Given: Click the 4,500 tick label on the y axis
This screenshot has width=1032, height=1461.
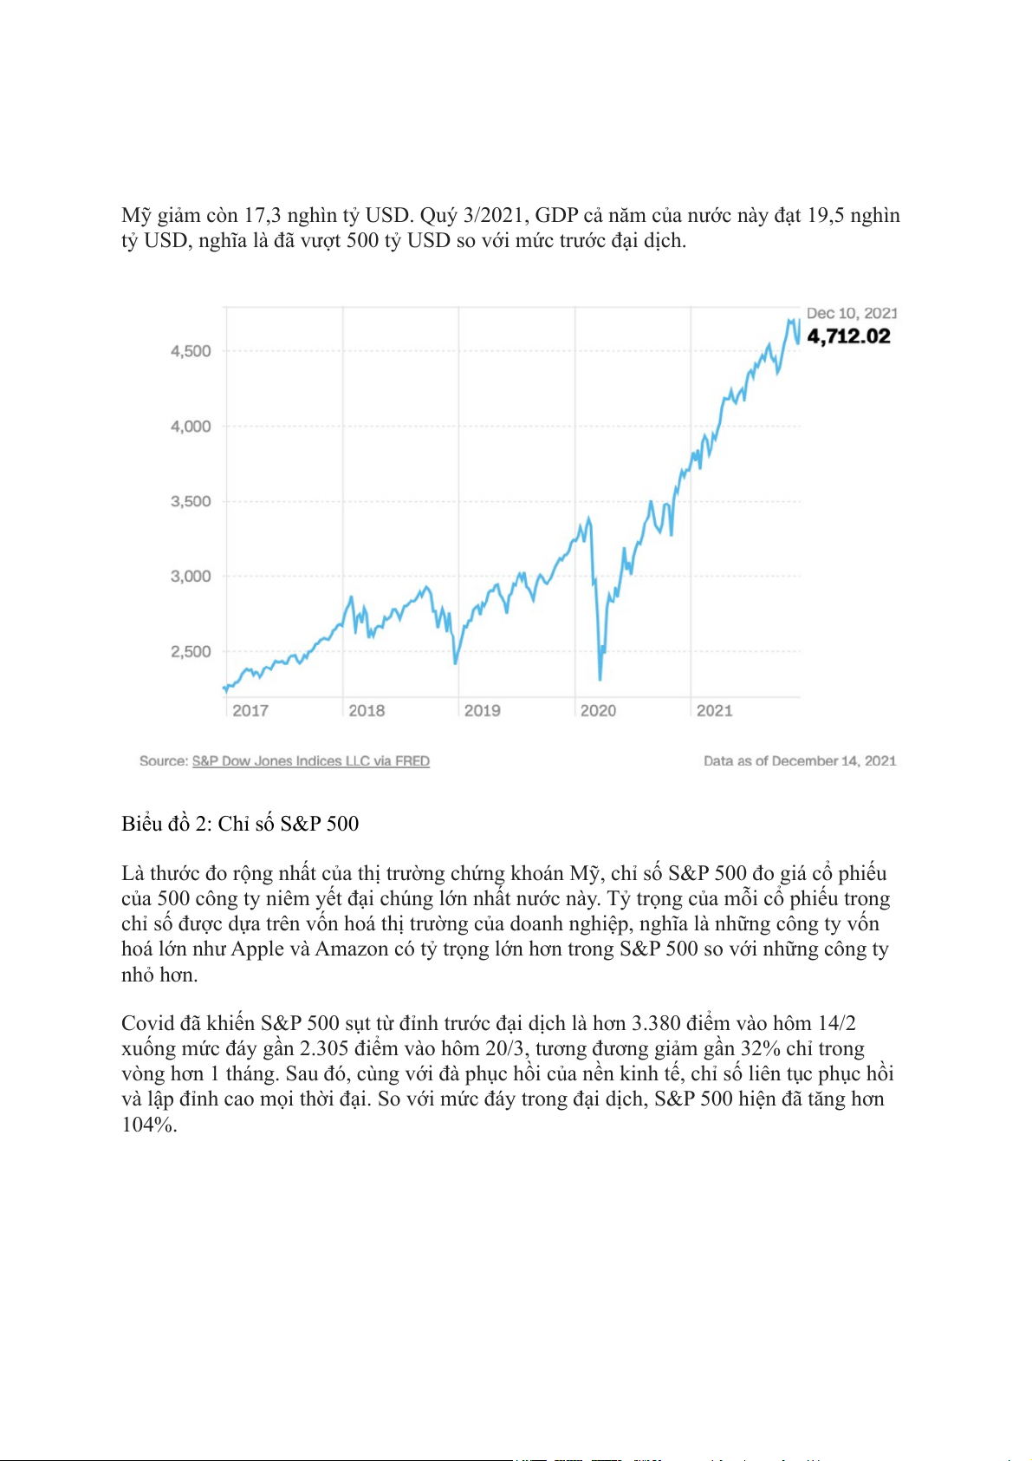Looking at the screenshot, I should [x=191, y=351].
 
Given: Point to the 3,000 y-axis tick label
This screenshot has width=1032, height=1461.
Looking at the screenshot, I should [x=191, y=577].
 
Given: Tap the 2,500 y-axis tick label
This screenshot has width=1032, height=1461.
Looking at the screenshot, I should [x=191, y=651].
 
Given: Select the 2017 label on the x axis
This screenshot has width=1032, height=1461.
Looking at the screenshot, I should [x=250, y=711].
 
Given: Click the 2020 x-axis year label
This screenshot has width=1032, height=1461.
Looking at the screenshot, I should [x=598, y=711].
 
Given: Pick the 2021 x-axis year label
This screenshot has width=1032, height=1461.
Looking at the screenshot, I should [x=714, y=711].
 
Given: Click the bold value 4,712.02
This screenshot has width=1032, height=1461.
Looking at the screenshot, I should [x=848, y=336].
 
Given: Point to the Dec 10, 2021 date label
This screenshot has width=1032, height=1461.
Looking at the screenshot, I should [x=851, y=313].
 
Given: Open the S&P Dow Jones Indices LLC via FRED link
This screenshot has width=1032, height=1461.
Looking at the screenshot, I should [x=310, y=761].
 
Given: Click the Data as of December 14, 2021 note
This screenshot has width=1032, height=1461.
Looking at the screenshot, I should [x=799, y=761].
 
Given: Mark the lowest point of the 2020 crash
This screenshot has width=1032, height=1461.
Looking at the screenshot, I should [x=600, y=679].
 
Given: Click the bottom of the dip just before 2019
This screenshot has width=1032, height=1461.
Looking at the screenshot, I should [x=456, y=663].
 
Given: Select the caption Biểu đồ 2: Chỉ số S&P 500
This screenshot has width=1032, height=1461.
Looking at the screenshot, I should [x=240, y=824].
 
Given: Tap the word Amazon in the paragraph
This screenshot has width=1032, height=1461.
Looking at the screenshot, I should [x=352, y=949].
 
